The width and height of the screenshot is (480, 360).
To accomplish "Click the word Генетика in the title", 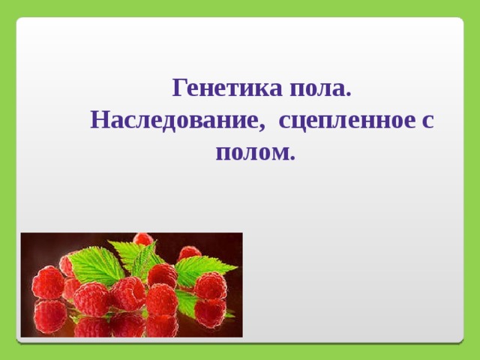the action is (x=227, y=88).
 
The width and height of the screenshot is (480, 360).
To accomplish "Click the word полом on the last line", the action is (x=252, y=153).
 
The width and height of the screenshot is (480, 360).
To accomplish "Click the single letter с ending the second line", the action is (x=428, y=121).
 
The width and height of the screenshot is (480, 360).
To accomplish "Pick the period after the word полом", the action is (x=292, y=157).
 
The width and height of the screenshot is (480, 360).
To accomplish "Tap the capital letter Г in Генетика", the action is (x=180, y=88).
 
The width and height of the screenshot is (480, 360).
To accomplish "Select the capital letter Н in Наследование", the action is (x=100, y=120).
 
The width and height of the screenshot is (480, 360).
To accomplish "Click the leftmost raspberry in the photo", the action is (x=48, y=283).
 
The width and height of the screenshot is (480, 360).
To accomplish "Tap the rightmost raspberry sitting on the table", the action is (x=211, y=286).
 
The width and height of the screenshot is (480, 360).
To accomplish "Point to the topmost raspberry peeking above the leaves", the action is (x=143, y=238).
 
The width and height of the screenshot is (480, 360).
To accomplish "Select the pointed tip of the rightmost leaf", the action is (x=237, y=268).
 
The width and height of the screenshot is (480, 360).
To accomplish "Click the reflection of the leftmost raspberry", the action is (x=49, y=315).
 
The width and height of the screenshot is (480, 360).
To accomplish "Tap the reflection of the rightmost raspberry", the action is (x=210, y=312).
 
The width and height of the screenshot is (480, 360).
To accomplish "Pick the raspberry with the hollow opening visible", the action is (x=128, y=295).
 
